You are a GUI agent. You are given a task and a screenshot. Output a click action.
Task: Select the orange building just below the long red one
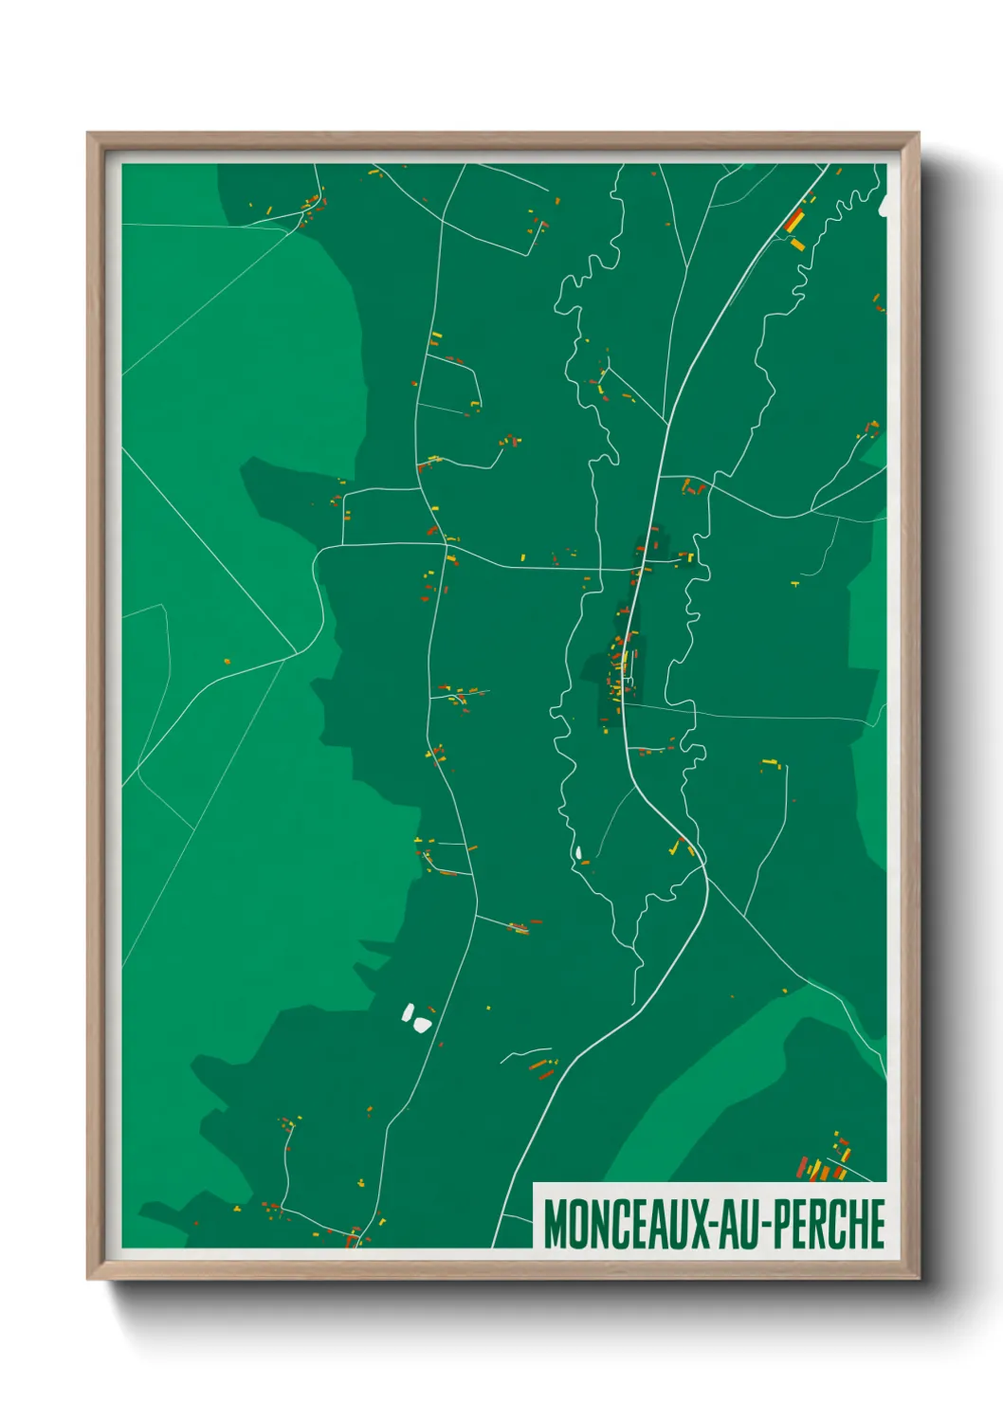798,244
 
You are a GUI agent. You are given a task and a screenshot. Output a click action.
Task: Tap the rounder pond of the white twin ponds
420,1024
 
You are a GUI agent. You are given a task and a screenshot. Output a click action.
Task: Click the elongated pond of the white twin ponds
408,1012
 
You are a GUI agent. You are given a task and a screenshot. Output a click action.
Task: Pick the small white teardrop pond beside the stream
577,853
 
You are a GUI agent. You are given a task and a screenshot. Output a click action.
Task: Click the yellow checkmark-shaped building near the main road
677,847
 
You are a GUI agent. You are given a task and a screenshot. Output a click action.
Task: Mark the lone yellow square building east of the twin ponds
489,1008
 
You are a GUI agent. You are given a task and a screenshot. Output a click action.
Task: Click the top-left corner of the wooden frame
89,134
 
